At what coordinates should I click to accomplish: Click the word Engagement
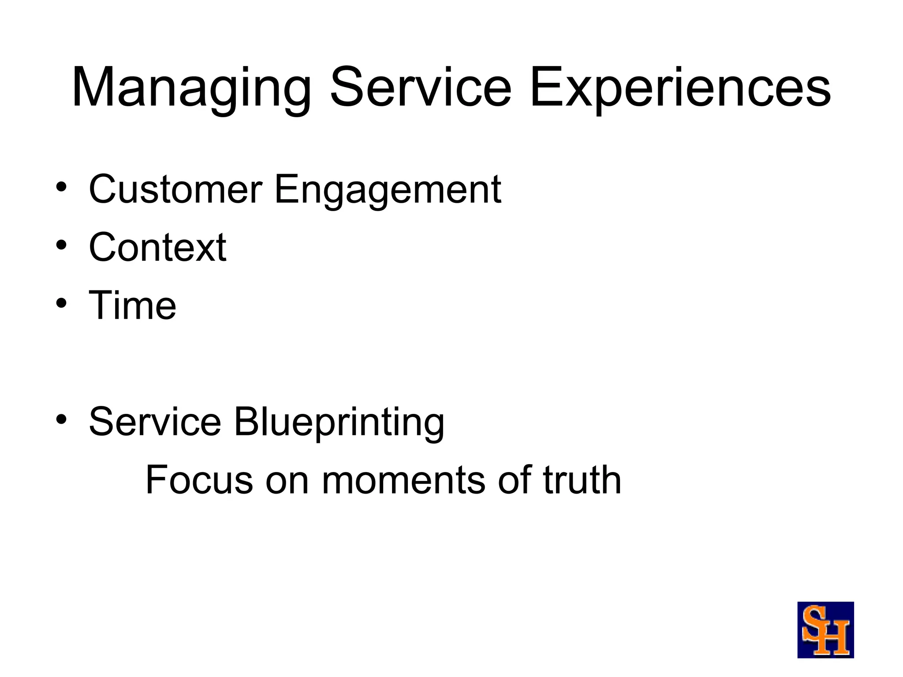pyautogui.click(x=388, y=190)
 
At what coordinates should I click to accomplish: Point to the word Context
pyautogui.click(x=157, y=248)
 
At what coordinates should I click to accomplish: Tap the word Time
pyautogui.click(x=132, y=305)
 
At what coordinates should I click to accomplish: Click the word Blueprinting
pyautogui.click(x=339, y=422)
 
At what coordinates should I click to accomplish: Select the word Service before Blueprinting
pyautogui.click(x=155, y=422)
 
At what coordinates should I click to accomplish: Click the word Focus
pyautogui.click(x=199, y=480)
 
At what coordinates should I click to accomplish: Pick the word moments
pyautogui.click(x=403, y=480)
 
